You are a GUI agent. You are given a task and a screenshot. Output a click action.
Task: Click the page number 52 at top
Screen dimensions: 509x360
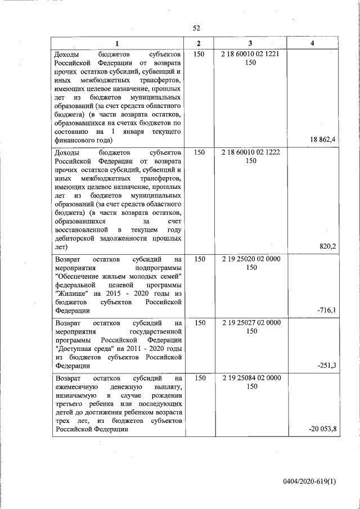[x=196, y=28]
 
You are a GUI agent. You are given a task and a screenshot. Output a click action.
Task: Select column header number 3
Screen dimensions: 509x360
[x=250, y=44]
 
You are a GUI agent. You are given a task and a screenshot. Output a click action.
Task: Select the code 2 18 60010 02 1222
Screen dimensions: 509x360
[x=250, y=152]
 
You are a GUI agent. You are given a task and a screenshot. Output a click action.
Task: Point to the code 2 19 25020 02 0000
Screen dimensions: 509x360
[x=250, y=259]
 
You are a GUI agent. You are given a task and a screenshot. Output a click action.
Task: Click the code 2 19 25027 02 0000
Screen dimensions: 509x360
[x=250, y=323]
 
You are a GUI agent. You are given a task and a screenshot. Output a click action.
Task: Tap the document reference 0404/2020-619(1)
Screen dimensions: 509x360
[x=309, y=481]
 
